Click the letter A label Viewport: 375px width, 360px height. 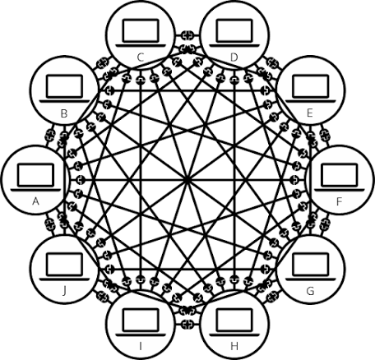pyautogui.click(x=35, y=201)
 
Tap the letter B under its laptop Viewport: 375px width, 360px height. pyautogui.click(x=64, y=113)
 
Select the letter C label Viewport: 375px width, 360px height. pyautogui.click(x=141, y=58)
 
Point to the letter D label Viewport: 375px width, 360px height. pyautogui.click(x=234, y=58)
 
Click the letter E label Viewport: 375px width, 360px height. pyautogui.click(x=310, y=113)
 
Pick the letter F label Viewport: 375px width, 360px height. pyautogui.click(x=340, y=201)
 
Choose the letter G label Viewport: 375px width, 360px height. pyautogui.click(x=310, y=291)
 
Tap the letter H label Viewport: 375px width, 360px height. pyautogui.click(x=234, y=346)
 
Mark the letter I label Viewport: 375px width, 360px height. pyautogui.click(x=141, y=346)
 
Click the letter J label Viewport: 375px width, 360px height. pyautogui.click(x=64, y=291)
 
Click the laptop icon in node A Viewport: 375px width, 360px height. pyautogui.click(x=36, y=177)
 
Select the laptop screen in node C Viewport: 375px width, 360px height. pyautogui.click(x=141, y=30)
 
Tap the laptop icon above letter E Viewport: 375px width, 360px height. pyautogui.click(x=310, y=88)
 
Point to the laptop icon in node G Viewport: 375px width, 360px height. pyautogui.click(x=310, y=266)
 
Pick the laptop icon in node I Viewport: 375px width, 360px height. pyautogui.click(x=141, y=322)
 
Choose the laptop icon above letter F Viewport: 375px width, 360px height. pyautogui.click(x=340, y=177)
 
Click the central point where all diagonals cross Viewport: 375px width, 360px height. pyautogui.click(x=187, y=180)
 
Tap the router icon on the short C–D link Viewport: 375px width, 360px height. pyautogui.click(x=187, y=35)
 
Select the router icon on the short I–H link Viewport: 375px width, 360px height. pyautogui.click(x=187, y=325)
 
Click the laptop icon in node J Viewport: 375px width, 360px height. pyautogui.click(x=64, y=266)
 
